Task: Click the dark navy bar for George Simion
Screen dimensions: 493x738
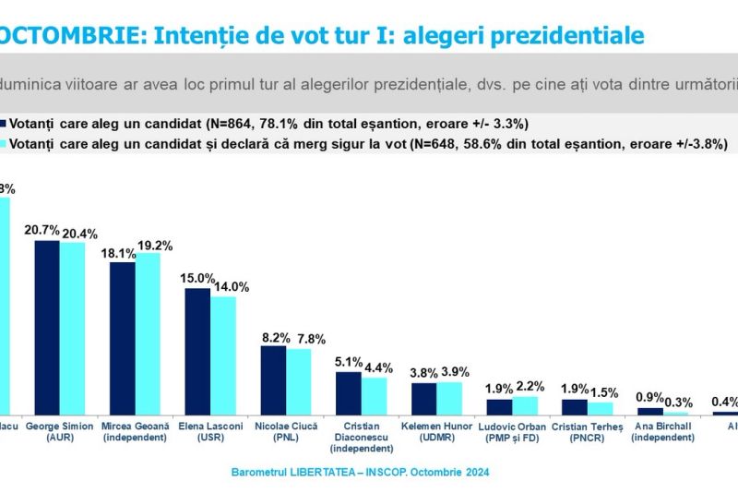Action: tap(47, 327)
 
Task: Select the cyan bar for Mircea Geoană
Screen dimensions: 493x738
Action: tap(148, 333)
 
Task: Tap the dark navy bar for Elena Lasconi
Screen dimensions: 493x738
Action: tap(197, 351)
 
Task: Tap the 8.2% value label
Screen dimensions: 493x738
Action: tap(274, 337)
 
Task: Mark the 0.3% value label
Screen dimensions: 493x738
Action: tap(683, 402)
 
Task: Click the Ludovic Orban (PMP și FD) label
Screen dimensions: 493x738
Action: tap(512, 431)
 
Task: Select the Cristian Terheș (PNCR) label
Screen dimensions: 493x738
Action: tap(588, 431)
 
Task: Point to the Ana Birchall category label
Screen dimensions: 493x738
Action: tap(663, 431)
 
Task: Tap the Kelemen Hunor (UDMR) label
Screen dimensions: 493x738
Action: tap(436, 431)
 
